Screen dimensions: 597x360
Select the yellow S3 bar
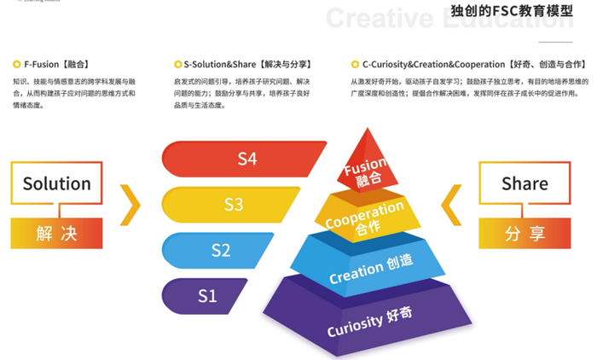(x=233, y=205)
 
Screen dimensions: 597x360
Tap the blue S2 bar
(x=221, y=250)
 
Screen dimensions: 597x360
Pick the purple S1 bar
(x=207, y=296)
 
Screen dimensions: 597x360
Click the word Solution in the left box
(x=57, y=183)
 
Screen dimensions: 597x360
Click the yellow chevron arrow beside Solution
(x=130, y=205)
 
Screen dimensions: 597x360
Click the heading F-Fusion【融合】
(x=58, y=64)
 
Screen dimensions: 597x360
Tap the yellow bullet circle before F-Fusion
(x=17, y=64)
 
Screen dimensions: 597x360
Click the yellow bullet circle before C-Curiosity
(x=354, y=64)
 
